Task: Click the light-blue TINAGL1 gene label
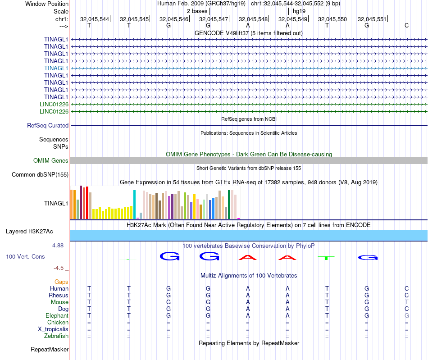(x=56, y=68)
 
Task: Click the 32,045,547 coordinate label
(x=214, y=19)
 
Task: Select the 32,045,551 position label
(x=372, y=19)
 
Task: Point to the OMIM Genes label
(x=51, y=161)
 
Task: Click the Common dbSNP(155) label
(x=40, y=175)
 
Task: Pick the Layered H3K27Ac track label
(x=29, y=232)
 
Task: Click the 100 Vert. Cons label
(x=25, y=256)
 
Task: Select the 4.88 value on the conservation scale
(x=58, y=246)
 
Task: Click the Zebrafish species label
(x=56, y=336)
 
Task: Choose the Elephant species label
(x=57, y=316)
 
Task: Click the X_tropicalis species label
(x=53, y=329)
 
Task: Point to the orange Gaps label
(x=62, y=282)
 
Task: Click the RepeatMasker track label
(x=50, y=349)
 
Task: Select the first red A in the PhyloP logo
(x=248, y=257)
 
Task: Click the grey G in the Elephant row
(x=406, y=316)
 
